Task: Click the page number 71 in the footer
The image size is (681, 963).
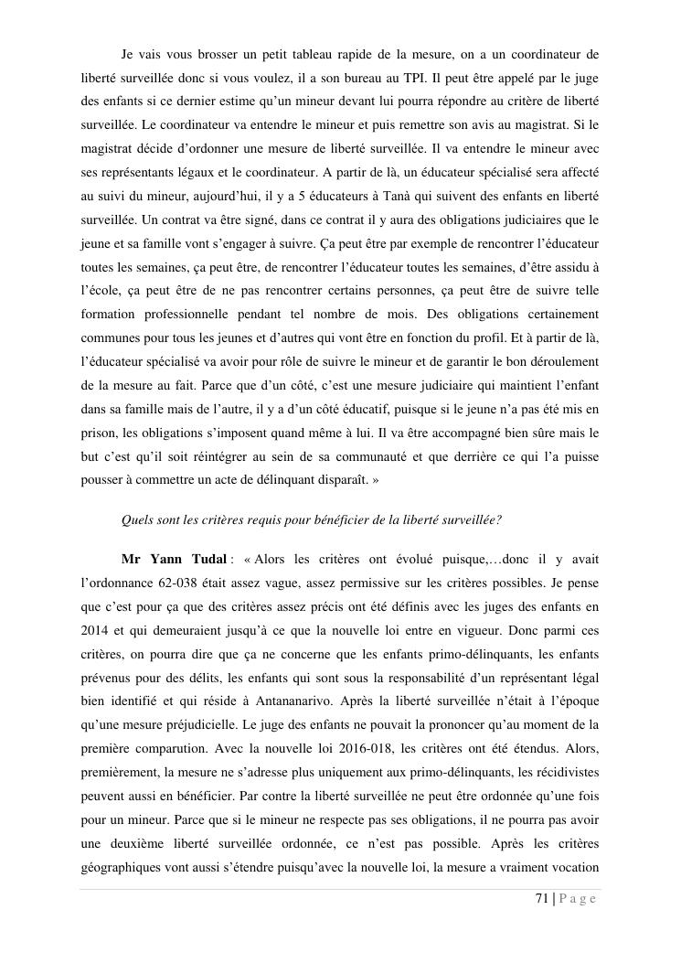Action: click(541, 899)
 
